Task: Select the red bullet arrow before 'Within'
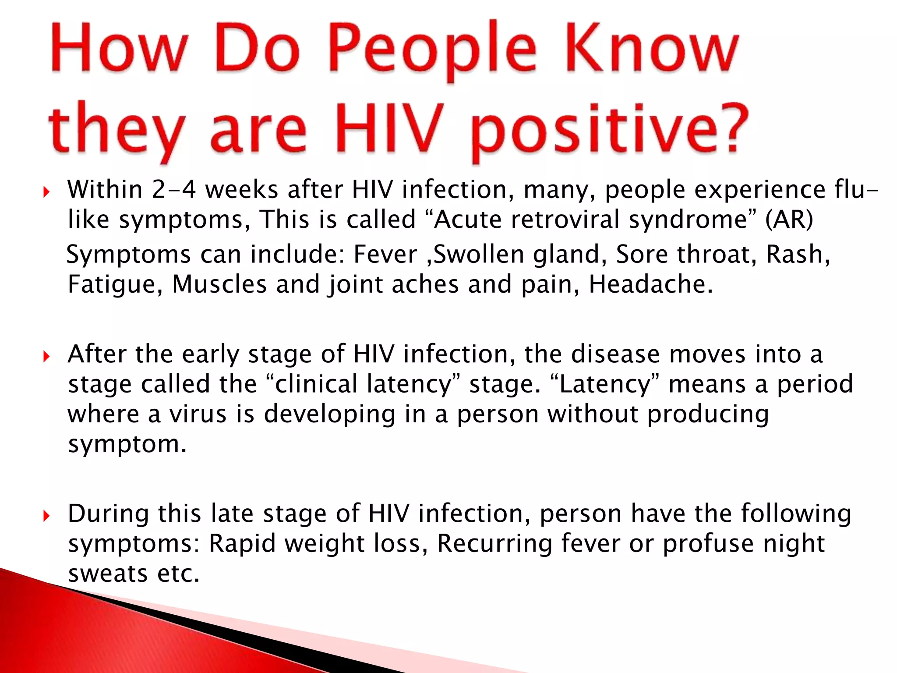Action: pos(46,191)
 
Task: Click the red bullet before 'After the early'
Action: pos(46,356)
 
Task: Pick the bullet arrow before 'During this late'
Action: pos(46,516)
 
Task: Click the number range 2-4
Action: pos(174,190)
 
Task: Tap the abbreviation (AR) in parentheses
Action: pos(789,220)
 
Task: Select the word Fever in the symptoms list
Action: pos(385,255)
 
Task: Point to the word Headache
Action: pos(650,284)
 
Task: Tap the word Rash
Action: pos(797,255)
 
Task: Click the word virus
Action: pos(198,414)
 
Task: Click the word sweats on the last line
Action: pos(108,574)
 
